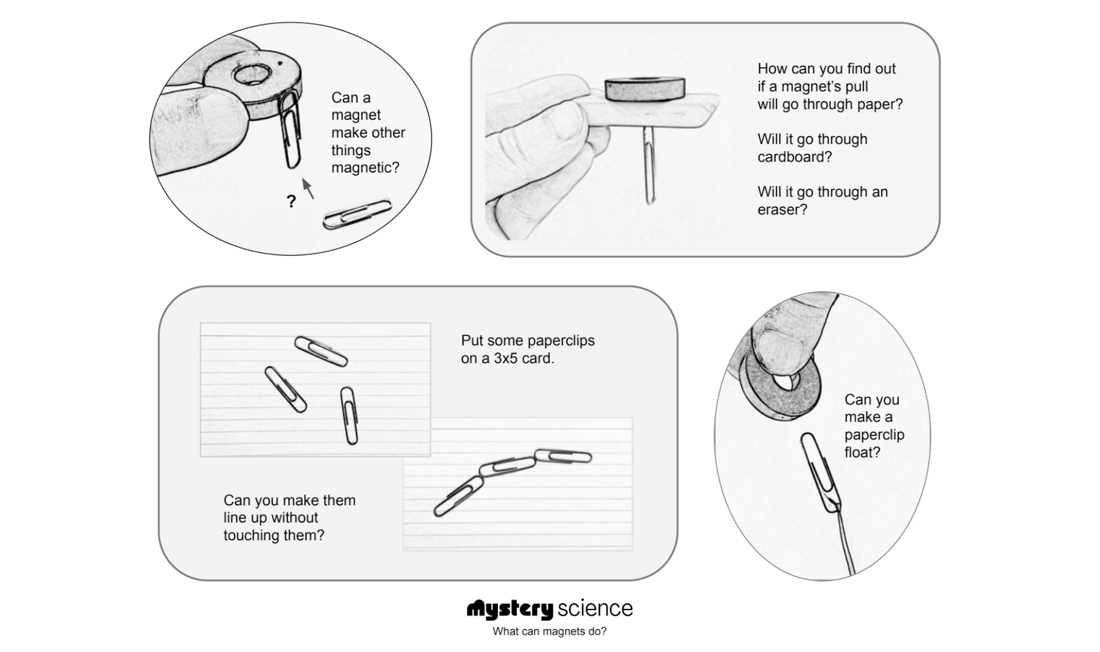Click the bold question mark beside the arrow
click(x=292, y=201)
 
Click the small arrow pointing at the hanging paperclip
click(x=308, y=188)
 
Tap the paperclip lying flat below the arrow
click(x=356, y=214)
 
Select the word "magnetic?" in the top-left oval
click(x=365, y=168)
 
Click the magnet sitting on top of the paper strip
click(x=645, y=90)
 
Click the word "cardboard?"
click(x=794, y=157)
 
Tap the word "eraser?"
click(x=782, y=210)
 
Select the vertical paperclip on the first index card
click(x=348, y=415)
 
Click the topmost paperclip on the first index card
click(x=321, y=351)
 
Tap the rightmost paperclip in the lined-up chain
click(x=563, y=457)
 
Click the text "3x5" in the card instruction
click(x=506, y=359)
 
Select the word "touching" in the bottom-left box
click(x=251, y=536)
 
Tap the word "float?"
click(x=862, y=453)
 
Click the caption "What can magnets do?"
click(x=549, y=631)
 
